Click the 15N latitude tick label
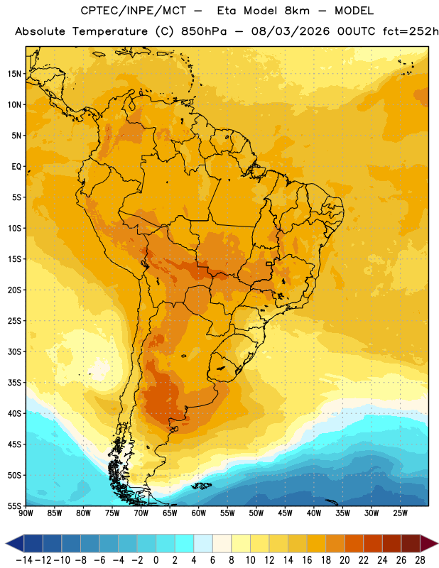pos(14,74)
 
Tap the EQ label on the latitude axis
pos(16,167)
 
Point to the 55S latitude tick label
pos(14,506)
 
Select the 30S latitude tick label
pos(14,351)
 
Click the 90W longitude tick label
pos(26,513)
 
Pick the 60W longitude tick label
pos(199,513)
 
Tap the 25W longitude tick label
pos(400,513)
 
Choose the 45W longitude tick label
pos(285,513)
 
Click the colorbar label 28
pos(420,560)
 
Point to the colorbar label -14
pos(24,560)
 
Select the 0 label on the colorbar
pos(156,560)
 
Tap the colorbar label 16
pos(307,560)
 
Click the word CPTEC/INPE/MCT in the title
pos(133,11)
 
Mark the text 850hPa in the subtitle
pos(204,31)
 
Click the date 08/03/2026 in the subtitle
pos(291,31)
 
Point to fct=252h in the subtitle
pos(411,31)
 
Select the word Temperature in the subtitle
pos(110,31)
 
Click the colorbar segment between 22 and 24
pos(373,543)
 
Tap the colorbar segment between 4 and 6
pos(203,543)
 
